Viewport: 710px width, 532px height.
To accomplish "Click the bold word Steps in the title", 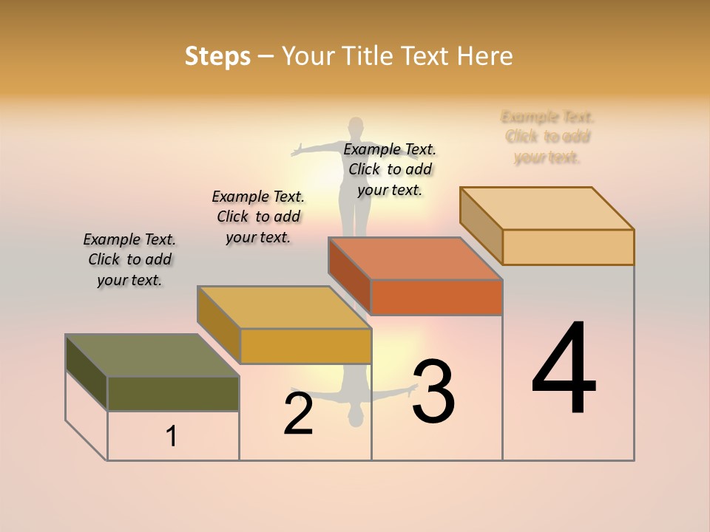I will (217, 56).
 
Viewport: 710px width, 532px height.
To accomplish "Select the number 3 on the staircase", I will (433, 391).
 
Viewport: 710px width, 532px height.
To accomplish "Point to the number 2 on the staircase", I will (299, 414).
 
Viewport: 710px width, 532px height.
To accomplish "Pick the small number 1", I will (172, 437).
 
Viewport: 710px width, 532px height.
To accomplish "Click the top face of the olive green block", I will (152, 355).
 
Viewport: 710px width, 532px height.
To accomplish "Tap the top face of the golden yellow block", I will (284, 307).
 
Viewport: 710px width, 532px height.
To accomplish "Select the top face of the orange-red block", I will (416, 259).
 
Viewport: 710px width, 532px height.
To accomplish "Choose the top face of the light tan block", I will (547, 208).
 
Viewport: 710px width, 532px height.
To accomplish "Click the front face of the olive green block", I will (173, 394).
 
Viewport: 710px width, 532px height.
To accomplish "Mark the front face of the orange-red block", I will (436, 298).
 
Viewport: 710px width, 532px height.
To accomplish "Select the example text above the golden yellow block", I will (258, 216).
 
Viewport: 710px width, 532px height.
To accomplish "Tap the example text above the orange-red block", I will (390, 169).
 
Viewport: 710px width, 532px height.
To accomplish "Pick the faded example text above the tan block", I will (547, 137).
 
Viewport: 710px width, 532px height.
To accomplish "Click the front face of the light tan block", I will (568, 247).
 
